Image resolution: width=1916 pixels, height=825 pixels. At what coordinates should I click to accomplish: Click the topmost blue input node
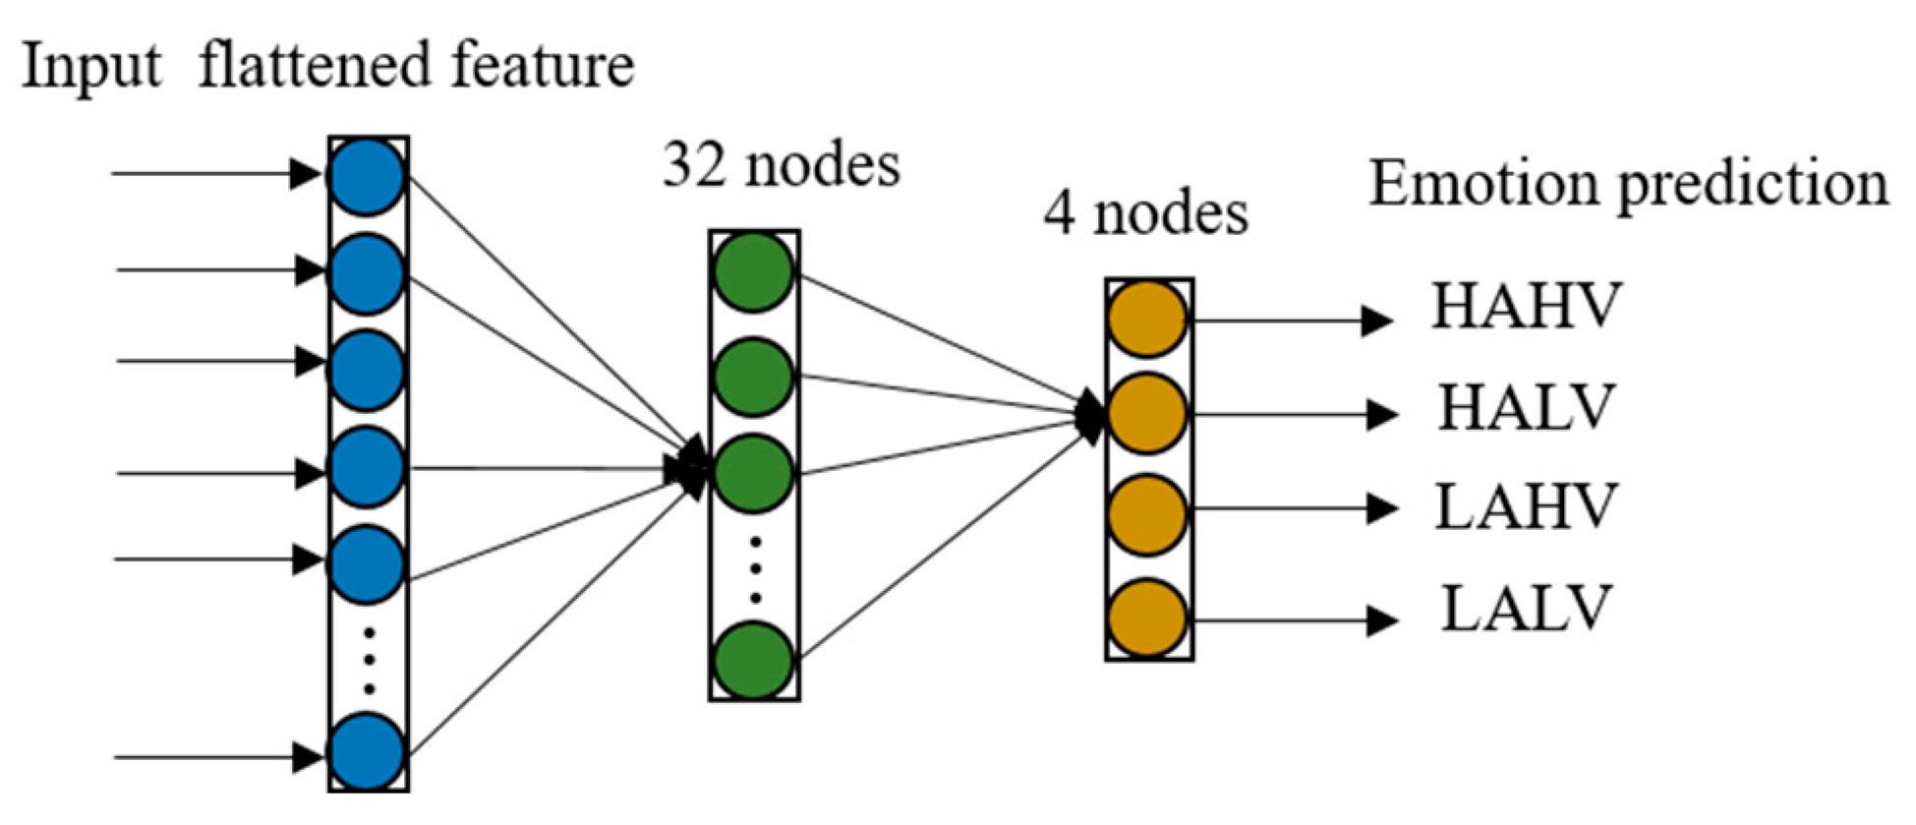click(x=367, y=177)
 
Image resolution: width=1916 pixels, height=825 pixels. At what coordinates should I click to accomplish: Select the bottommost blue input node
click(x=367, y=753)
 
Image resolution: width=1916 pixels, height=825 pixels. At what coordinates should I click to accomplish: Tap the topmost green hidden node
click(x=753, y=271)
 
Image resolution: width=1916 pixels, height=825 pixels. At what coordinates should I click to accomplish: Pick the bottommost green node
click(x=753, y=660)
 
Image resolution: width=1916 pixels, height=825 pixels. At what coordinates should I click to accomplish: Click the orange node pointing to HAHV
click(x=1147, y=319)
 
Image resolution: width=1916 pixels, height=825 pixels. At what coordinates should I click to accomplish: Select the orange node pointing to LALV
click(x=1147, y=619)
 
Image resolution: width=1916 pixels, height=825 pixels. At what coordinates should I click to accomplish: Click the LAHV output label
click(x=1526, y=507)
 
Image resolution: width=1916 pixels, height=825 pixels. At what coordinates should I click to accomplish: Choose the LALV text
click(x=1526, y=608)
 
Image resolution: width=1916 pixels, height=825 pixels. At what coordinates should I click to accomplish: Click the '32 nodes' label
click(x=782, y=164)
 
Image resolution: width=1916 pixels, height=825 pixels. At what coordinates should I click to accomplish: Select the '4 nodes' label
click(x=1145, y=212)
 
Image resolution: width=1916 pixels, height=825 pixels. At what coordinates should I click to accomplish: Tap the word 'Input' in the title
click(x=91, y=67)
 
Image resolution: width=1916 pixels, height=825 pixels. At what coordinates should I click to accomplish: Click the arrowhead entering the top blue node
click(x=307, y=175)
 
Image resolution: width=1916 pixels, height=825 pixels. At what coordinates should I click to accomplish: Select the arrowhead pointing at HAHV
click(x=1376, y=321)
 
